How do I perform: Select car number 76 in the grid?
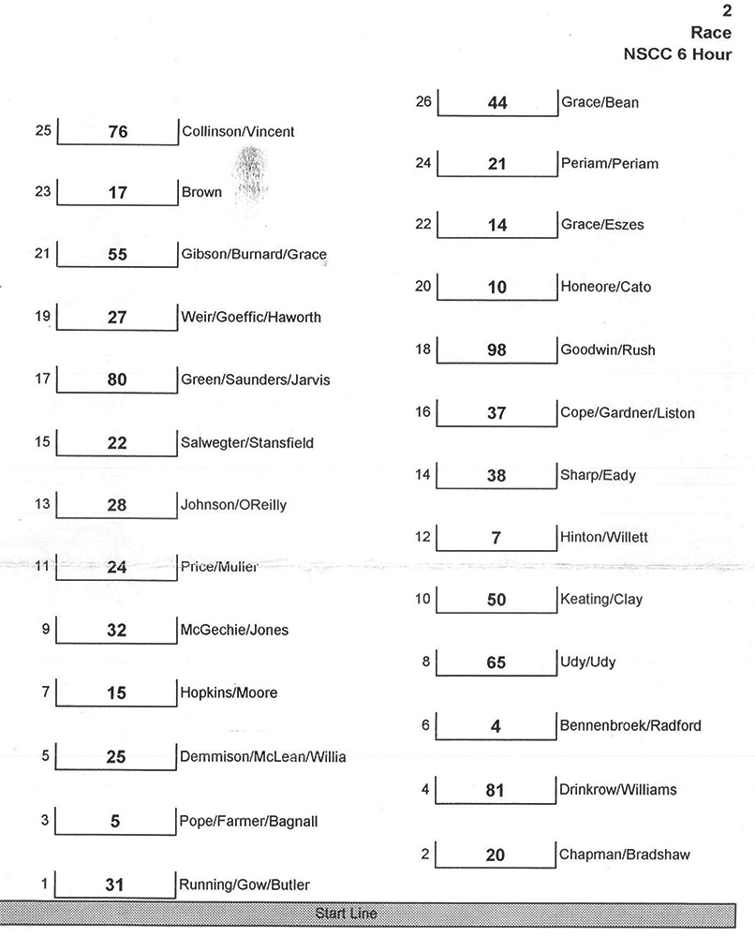tap(117, 132)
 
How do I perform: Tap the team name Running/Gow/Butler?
tap(244, 885)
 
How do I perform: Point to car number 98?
tap(496, 350)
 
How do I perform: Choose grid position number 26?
tap(423, 101)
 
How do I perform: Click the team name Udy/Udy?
tap(587, 662)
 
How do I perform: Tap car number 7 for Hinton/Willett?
tap(496, 538)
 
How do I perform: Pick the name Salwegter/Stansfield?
tap(247, 443)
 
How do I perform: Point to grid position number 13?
tap(42, 504)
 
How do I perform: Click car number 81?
tap(496, 791)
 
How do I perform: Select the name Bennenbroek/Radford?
tap(629, 725)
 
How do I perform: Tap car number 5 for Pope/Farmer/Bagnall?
tap(116, 823)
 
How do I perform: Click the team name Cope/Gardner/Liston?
tap(627, 412)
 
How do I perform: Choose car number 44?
tap(497, 103)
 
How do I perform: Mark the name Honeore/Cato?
tap(604, 287)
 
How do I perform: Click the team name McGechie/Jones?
tap(234, 630)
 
